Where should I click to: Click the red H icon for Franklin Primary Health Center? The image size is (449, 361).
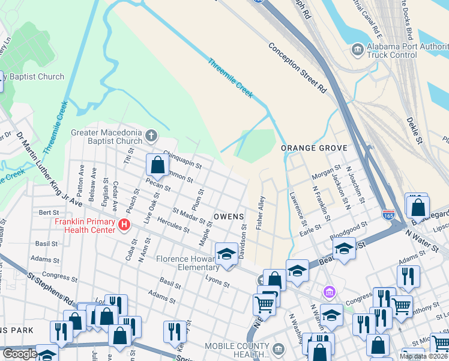[x=124, y=225]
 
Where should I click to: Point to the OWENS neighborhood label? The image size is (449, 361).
[x=229, y=216]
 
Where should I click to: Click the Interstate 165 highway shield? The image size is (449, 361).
[x=388, y=214]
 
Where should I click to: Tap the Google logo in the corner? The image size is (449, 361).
[x=20, y=354]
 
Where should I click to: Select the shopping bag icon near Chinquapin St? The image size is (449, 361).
[x=157, y=164]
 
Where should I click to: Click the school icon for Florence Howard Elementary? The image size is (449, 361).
[x=226, y=254]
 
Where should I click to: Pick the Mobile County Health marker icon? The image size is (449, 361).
[x=278, y=348]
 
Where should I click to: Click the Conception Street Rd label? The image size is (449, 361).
[x=297, y=67]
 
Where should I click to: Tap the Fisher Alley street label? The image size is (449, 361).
[x=260, y=212]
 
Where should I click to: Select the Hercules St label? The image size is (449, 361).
[x=173, y=225]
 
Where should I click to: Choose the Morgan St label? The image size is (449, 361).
[x=327, y=172]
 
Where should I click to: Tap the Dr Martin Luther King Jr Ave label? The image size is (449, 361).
[x=49, y=171]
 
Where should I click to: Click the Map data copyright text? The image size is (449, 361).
[x=423, y=356]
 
